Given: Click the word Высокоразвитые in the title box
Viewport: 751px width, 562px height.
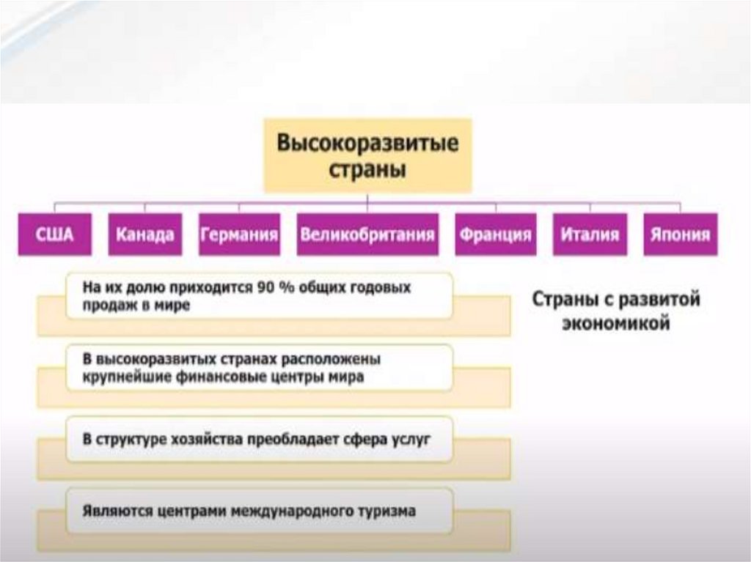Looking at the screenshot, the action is [x=367, y=143].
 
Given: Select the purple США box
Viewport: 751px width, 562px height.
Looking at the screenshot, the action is [x=55, y=235].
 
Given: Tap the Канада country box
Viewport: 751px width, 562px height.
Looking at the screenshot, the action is [x=145, y=235].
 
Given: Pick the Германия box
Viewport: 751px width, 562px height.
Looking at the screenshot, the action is [x=239, y=235].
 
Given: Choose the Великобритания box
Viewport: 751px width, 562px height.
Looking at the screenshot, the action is [x=367, y=235].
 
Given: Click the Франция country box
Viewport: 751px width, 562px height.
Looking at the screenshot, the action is [x=495, y=235].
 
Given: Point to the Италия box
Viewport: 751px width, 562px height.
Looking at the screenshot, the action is [x=590, y=235].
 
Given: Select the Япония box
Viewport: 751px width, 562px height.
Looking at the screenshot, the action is [x=680, y=235].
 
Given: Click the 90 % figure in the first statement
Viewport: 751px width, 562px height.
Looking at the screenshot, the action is [x=272, y=288].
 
